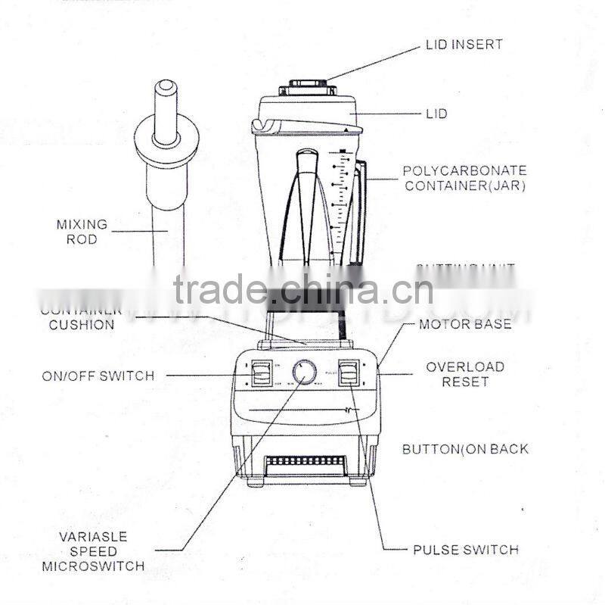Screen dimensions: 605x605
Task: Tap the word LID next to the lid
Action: tap(436, 114)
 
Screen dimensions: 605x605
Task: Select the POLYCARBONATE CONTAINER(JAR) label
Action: tap(464, 178)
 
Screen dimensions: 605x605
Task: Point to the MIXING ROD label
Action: tap(82, 232)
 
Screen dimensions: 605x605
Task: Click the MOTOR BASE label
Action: tap(466, 325)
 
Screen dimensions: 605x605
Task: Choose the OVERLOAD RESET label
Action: tap(465, 374)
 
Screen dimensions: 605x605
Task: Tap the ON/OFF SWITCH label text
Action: tap(98, 376)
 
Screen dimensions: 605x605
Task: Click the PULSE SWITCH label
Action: tap(465, 550)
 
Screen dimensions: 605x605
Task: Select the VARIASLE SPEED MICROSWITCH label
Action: tap(92, 550)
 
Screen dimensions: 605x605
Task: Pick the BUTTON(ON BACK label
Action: tap(465, 449)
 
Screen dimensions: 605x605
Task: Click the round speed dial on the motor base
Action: tap(305, 372)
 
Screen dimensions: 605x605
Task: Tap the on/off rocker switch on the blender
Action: tap(261, 373)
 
